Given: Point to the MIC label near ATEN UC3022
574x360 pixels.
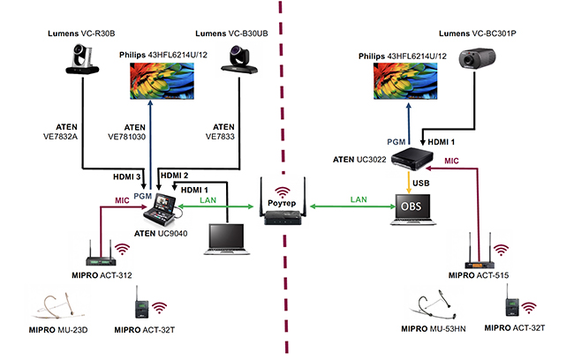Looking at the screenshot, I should pos(451,161).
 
